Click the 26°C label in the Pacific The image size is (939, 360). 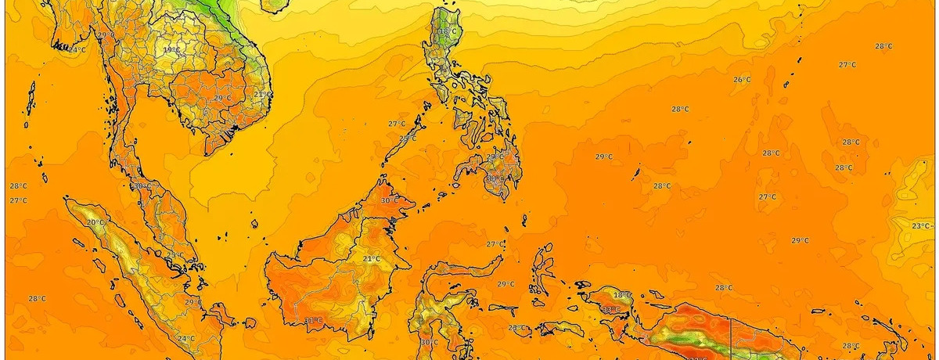click(742, 80)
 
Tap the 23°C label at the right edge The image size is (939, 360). click(921, 226)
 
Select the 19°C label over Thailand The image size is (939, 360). click(171, 50)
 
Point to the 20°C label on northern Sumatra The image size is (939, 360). click(95, 223)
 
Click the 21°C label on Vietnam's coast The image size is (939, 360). click(261, 95)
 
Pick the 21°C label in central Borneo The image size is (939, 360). click(371, 259)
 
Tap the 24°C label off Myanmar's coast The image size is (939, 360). click(76, 49)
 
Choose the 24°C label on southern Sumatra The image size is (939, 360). click(185, 339)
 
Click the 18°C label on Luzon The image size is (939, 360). click(448, 32)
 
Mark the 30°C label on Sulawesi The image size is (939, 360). click(429, 343)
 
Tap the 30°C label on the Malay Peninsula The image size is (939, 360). click(141, 186)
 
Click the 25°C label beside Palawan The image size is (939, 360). click(408, 139)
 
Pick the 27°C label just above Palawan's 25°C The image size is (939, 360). click(397, 124)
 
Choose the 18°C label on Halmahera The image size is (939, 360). click(622, 295)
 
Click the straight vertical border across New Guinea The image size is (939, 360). click(732, 337)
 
